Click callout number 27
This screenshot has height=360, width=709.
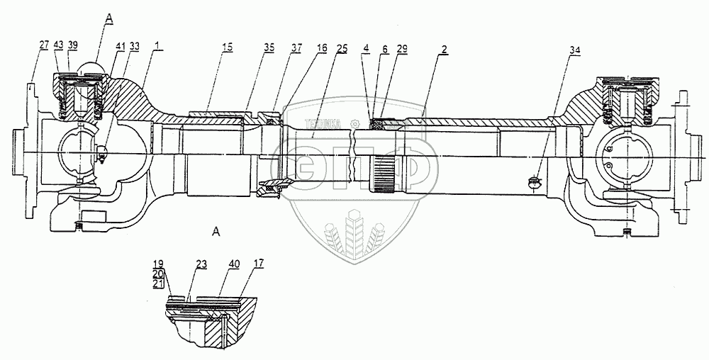pyautogui.click(x=44, y=45)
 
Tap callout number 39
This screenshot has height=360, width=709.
pyautogui.click(x=73, y=45)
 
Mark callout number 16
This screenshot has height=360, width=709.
pyautogui.click(x=322, y=48)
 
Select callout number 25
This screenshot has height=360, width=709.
pyautogui.click(x=342, y=48)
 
